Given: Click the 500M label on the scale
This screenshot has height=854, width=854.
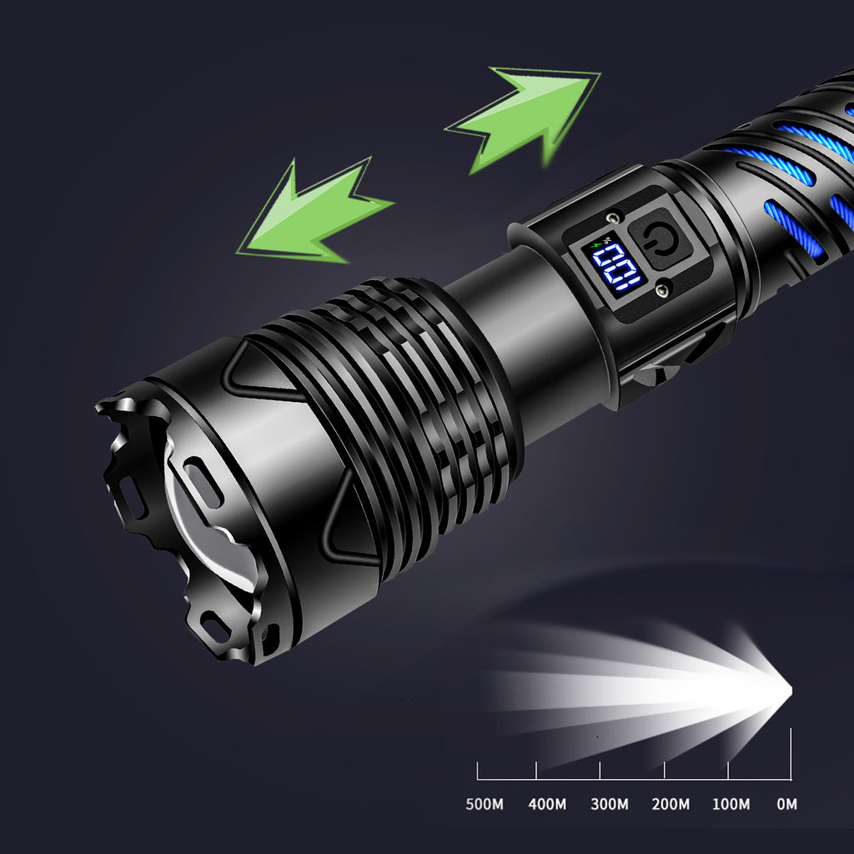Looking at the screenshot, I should pyautogui.click(x=484, y=805).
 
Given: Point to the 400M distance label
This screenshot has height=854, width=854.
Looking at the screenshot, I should pyautogui.click(x=547, y=805).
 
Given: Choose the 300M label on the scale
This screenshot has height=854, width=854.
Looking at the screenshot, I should pyautogui.click(x=610, y=805).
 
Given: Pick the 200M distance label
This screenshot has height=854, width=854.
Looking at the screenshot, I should pyautogui.click(x=671, y=805).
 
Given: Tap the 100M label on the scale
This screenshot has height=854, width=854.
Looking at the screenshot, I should pyautogui.click(x=731, y=805).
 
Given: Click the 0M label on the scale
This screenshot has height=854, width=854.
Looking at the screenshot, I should pyautogui.click(x=786, y=805).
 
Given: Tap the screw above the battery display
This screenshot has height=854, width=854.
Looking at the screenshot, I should pyautogui.click(x=615, y=218).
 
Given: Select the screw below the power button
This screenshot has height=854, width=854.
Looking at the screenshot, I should pyautogui.click(x=664, y=289).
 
